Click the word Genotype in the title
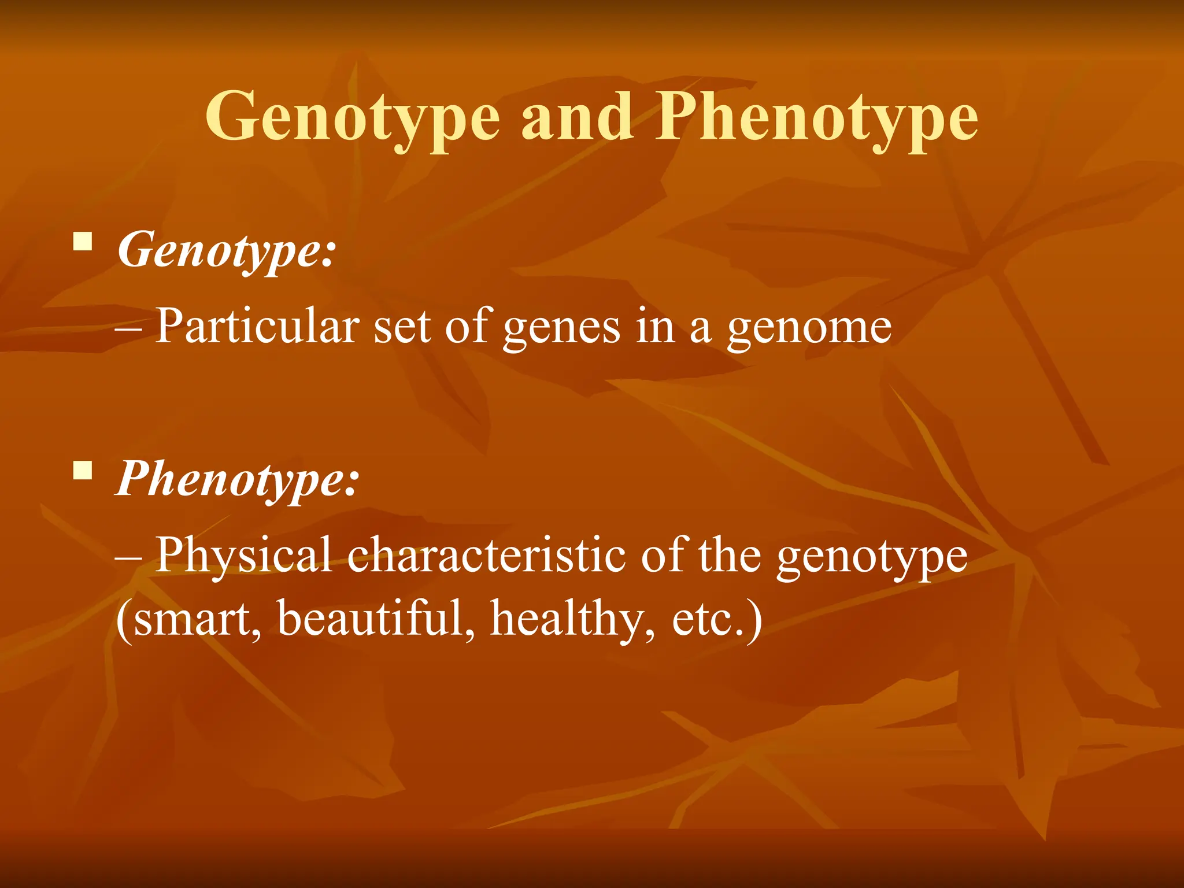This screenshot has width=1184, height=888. click(352, 119)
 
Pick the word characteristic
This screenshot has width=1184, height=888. click(486, 555)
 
